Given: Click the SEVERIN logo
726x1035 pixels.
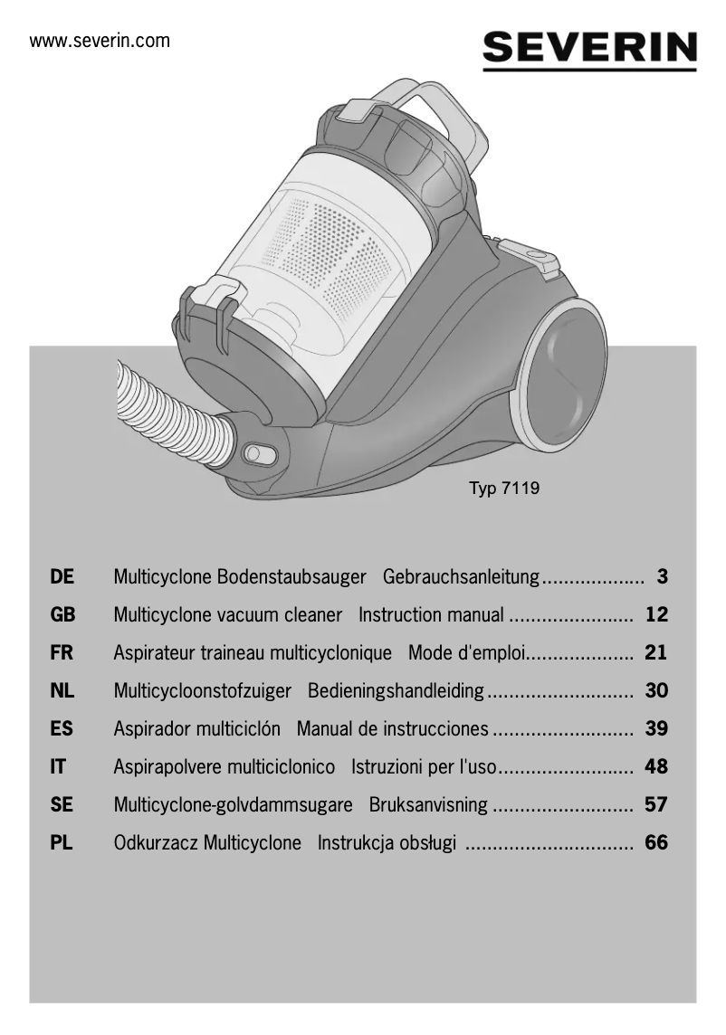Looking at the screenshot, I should [x=589, y=48].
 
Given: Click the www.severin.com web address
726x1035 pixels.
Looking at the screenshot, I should [x=100, y=41].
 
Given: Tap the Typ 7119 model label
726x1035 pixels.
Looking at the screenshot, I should [x=503, y=489].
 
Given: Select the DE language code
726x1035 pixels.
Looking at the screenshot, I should [x=62, y=577].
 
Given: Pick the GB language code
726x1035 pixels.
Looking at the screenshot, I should [x=62, y=615].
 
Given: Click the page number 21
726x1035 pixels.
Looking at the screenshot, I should [x=656, y=653].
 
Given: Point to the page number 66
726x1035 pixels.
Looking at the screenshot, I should [x=656, y=843].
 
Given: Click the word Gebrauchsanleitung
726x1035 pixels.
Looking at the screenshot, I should [x=462, y=577].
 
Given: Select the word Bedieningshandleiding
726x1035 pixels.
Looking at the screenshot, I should [x=396, y=691].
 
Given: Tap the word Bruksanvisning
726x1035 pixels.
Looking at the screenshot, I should [x=428, y=805].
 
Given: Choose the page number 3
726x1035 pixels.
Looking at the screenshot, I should [x=662, y=577].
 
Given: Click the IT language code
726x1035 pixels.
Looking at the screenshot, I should [x=58, y=767].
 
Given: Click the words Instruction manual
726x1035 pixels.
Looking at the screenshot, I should [x=431, y=615].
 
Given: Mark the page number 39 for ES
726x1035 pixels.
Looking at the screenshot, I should [x=656, y=729].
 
